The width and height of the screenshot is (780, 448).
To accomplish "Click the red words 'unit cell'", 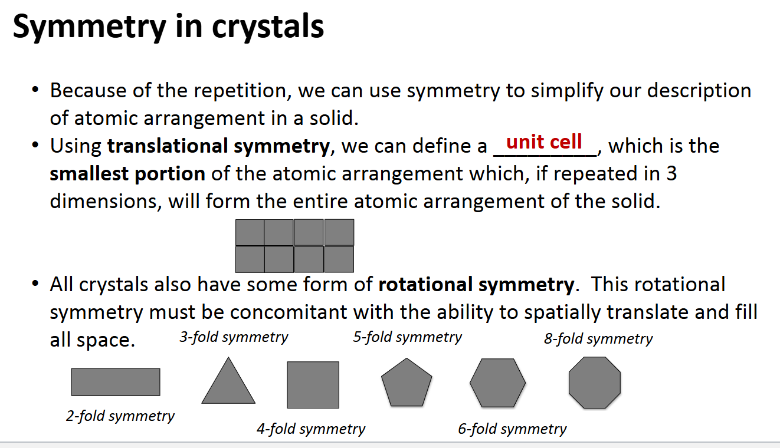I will coord(544,142).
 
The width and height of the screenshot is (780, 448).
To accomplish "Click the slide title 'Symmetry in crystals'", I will coord(168,27).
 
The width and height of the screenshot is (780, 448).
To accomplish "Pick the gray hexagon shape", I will coord(497,383).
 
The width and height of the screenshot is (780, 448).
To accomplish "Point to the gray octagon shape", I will coord(595,382).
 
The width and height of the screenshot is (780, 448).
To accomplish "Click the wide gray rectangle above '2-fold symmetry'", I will coord(116,382).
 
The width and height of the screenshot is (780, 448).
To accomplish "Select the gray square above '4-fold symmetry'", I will coord(313,384).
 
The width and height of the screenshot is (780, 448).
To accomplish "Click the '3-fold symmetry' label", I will coord(234,337).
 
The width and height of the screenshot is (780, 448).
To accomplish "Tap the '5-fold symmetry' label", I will coord(407,337).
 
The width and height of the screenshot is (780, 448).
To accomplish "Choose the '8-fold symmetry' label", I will coord(598,339).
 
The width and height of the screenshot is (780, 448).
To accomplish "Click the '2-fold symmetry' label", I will coord(120,416).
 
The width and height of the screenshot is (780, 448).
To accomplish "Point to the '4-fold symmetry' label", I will coord(310,429).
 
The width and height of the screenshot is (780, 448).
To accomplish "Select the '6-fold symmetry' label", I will coord(512,429).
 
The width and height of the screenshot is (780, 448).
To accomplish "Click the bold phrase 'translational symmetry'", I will coord(218,146).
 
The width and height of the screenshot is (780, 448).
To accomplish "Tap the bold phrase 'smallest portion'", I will coord(127,174).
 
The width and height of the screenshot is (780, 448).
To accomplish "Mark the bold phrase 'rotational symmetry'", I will coord(476,285).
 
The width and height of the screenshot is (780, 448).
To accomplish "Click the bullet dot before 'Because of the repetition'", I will coord(36,91).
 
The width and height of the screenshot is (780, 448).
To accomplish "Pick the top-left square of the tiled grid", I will coord(250,232).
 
